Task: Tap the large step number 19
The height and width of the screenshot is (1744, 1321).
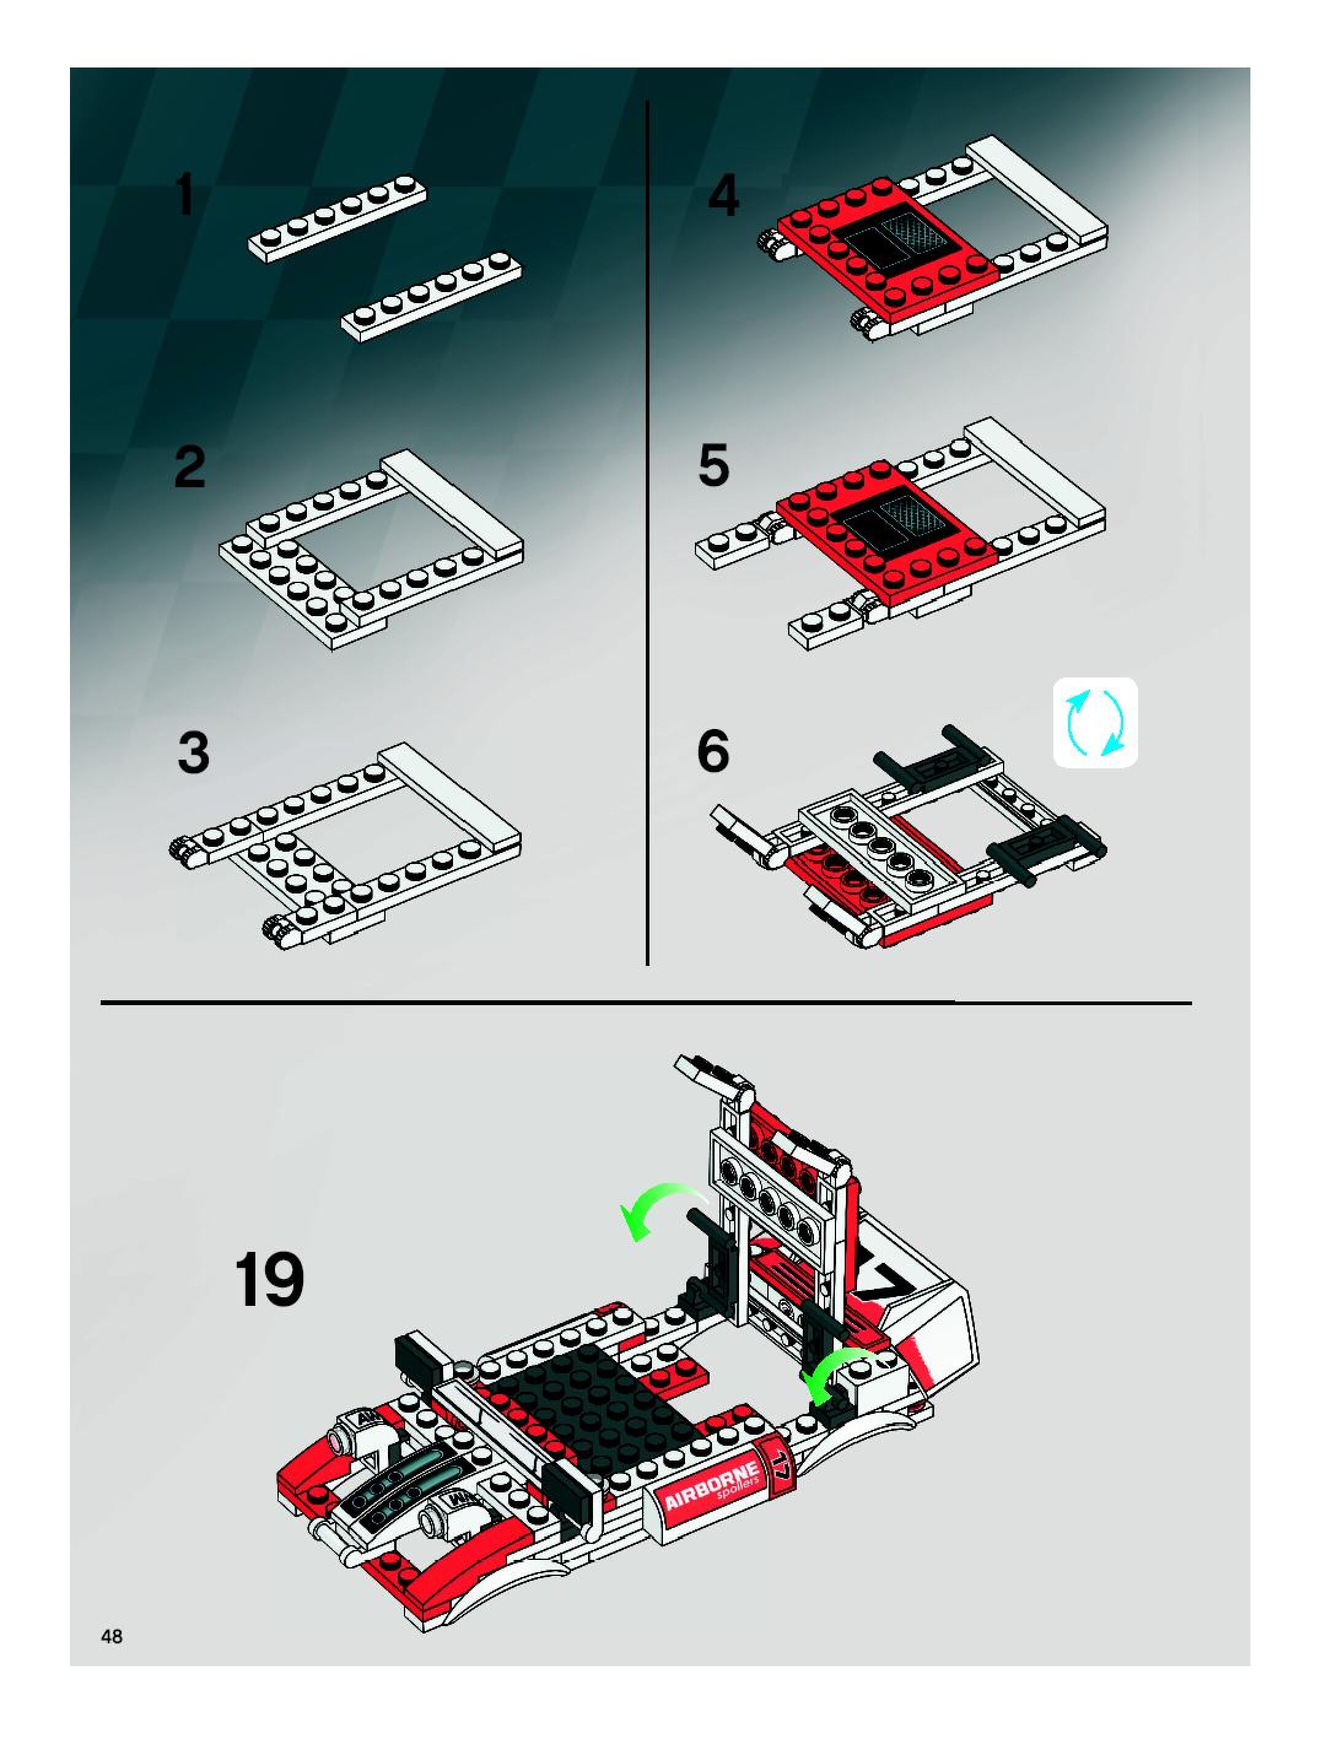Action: click(x=269, y=1279)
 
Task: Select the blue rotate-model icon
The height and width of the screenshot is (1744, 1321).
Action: click(x=1096, y=722)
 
